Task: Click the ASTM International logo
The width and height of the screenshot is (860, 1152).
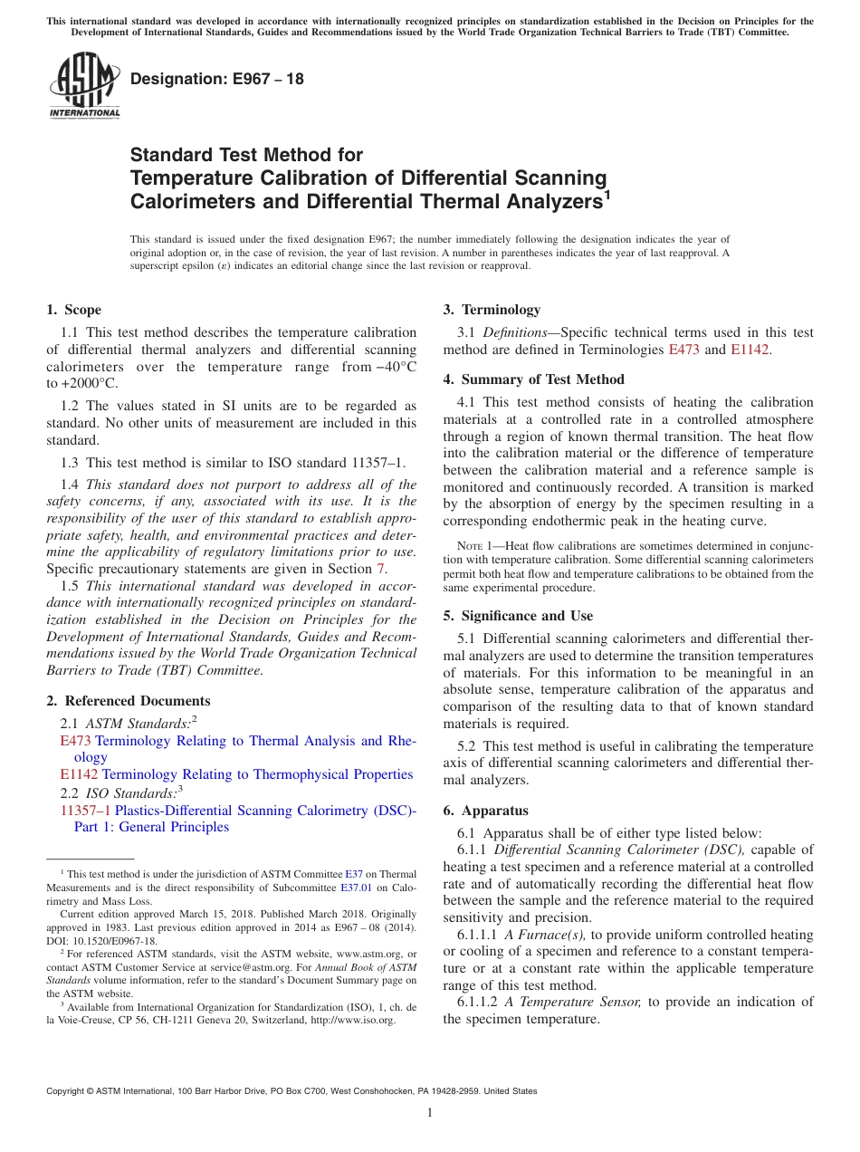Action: coord(84,85)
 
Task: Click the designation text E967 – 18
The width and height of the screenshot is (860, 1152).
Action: coord(217,79)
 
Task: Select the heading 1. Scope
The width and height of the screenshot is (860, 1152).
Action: coord(74,310)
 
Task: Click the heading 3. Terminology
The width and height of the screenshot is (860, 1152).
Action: coord(492,310)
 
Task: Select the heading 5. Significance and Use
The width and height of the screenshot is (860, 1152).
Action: coord(518,616)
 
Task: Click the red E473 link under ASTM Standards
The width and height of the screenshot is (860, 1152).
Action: coord(75,741)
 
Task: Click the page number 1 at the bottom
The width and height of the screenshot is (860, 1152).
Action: coord(430,1113)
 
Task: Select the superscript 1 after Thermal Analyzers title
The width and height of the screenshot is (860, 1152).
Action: coord(607,193)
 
